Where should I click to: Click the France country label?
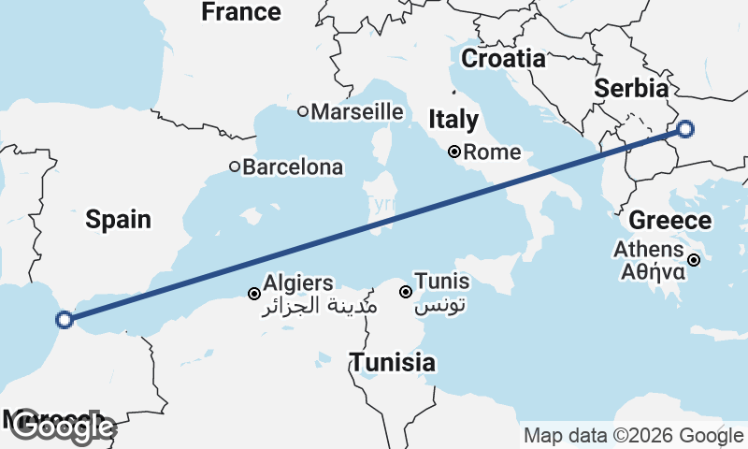coord(240,12)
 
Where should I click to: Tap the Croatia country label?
coord(503,58)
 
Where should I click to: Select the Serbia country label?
coord(632,89)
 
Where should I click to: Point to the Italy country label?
coord(453,120)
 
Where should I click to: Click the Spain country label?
coord(118,220)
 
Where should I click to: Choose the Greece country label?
coord(670,222)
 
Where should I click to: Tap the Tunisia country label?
coord(393,362)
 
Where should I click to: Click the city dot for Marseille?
coord(303,111)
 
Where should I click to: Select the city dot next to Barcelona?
coord(235,167)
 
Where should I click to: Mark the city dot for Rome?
coord(453,152)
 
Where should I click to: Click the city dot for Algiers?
coord(253,294)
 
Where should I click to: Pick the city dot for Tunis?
coord(406,292)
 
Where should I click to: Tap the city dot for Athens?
coord(695,260)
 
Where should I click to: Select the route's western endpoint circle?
coord(65,320)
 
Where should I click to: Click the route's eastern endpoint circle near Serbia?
coord(685,129)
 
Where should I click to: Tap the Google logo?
coord(62,427)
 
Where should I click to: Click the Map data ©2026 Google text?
coord(633,436)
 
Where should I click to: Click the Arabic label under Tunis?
coord(439,306)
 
